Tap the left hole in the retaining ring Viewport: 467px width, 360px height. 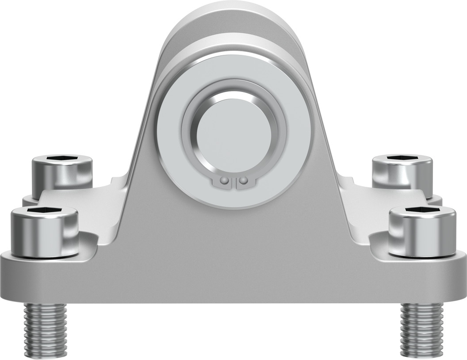tap(225, 181)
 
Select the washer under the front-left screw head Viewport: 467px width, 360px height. tap(44, 254)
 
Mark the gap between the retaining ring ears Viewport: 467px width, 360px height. tap(234, 182)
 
